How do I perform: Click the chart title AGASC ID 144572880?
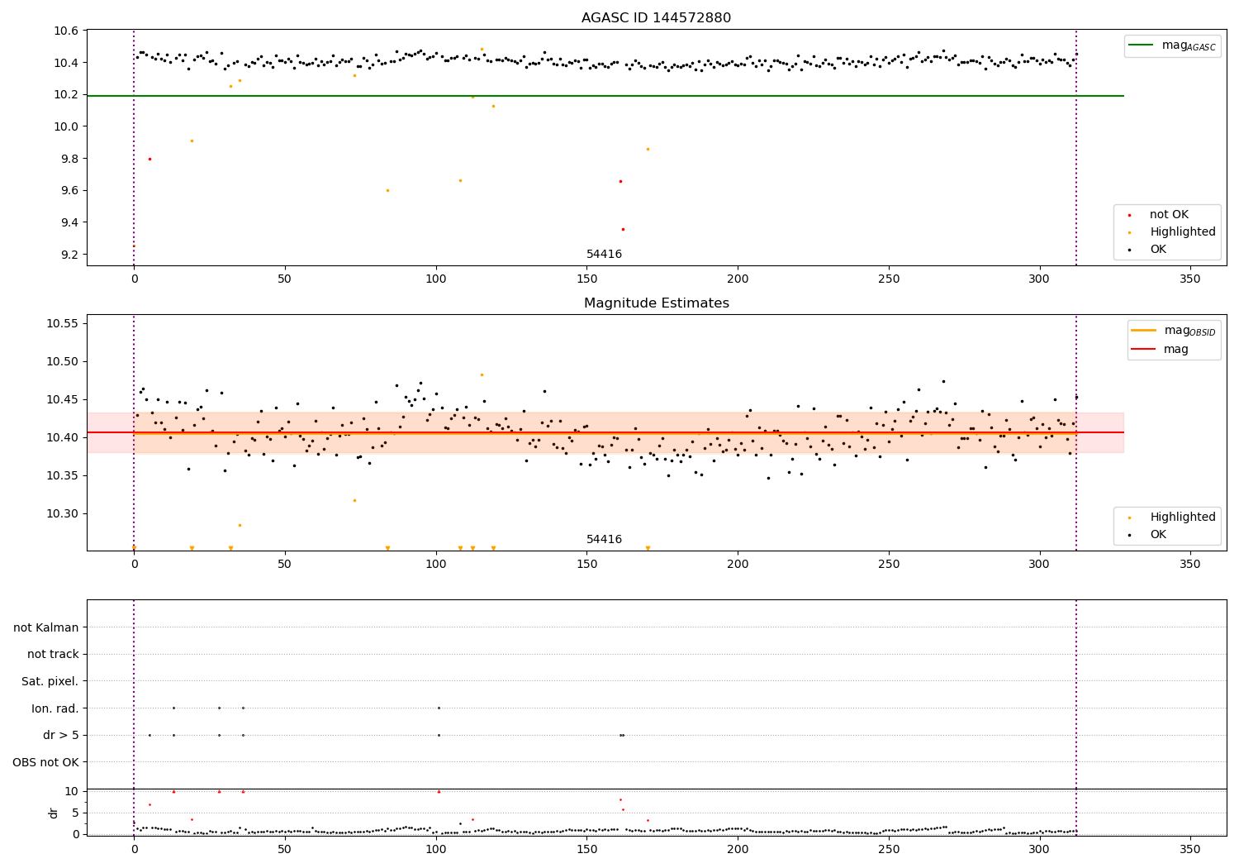tap(656, 18)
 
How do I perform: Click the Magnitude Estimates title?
tap(656, 303)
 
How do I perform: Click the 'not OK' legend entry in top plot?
tap(1169, 215)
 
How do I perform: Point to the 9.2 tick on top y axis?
tap(66, 255)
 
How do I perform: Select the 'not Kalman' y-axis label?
tap(46, 627)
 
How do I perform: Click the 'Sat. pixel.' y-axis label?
tap(50, 681)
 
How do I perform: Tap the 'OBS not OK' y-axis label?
tap(45, 762)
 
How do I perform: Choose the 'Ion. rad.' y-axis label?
tap(55, 708)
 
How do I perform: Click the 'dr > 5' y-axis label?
tap(60, 735)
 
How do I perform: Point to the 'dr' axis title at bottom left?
tap(54, 813)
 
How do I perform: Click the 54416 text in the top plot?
tap(604, 255)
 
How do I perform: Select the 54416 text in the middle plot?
tap(604, 540)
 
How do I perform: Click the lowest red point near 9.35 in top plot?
tap(623, 229)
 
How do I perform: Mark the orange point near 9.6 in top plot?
tap(387, 190)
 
